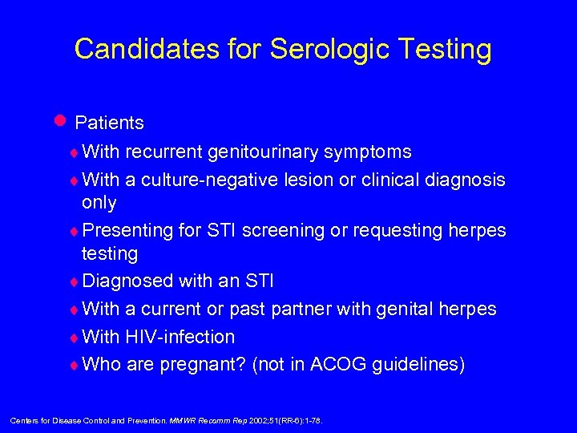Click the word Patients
(109, 123)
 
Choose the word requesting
(381, 231)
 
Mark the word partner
(297, 310)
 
